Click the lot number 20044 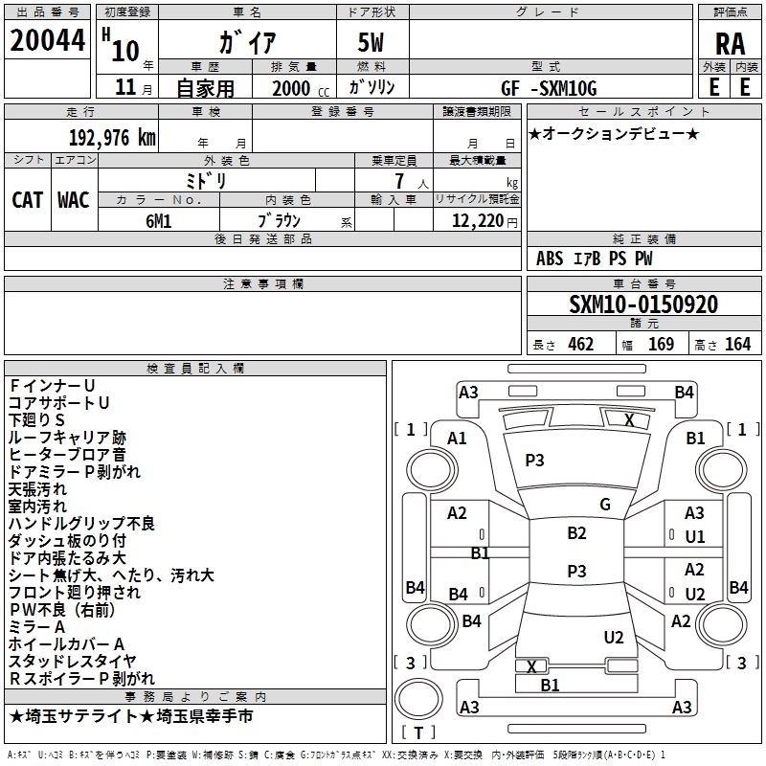pos(47,42)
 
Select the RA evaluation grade pos(730,44)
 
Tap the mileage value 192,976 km pos(111,138)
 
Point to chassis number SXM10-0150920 pos(643,305)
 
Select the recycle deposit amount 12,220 pos(475,220)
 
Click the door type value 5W pos(374,43)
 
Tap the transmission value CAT pos(27,199)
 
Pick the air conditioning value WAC pos(73,199)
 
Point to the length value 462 pos(580,345)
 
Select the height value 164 pos(737,345)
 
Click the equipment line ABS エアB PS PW pos(595,259)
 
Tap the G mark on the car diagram pos(604,505)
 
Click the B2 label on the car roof pos(576,533)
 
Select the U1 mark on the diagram pos(694,537)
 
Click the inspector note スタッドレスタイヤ pos(72,662)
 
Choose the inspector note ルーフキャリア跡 pos(66,437)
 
